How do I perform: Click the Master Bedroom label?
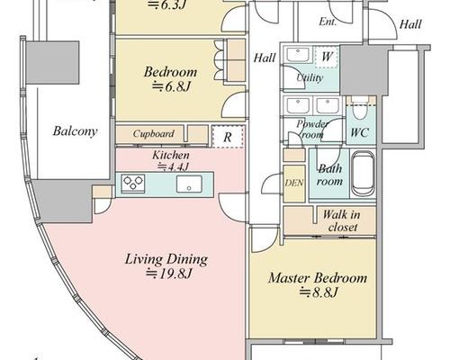click(318, 278)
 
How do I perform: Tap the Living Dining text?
click(166, 259)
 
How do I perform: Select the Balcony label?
click(75, 131)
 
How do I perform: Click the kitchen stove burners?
click(133, 183)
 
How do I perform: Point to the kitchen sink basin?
click(189, 184)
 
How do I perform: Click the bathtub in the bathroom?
click(363, 173)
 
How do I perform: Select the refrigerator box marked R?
click(228, 137)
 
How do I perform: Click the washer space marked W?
click(327, 57)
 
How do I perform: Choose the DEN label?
click(294, 183)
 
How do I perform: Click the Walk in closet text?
click(342, 221)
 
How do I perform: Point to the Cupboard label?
click(153, 134)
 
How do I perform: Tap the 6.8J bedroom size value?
click(171, 87)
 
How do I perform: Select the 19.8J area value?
click(168, 274)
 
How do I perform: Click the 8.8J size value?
click(319, 292)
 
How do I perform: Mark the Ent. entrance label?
click(328, 22)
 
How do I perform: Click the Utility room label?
click(310, 77)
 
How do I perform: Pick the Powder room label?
click(312, 129)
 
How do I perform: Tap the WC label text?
click(360, 132)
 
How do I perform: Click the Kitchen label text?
click(171, 155)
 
